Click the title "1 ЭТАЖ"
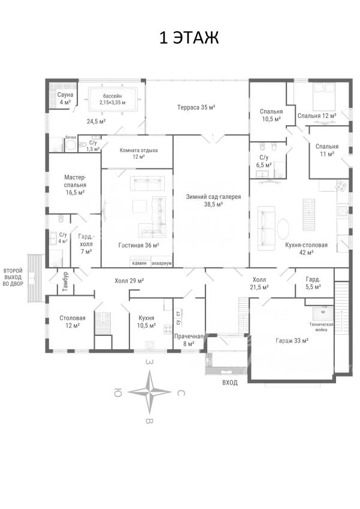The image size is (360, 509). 189,37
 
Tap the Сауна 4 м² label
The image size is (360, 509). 65,98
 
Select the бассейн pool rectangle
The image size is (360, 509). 113,100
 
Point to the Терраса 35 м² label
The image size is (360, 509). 196,107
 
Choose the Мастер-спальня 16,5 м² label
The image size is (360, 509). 75,185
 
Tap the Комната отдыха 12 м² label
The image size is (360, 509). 138,153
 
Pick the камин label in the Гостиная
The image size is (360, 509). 140,263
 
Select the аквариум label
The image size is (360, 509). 162,263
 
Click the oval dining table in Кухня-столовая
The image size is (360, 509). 283,229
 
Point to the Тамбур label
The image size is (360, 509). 65,281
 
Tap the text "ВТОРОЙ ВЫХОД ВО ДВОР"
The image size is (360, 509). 13,277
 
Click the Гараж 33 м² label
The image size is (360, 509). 292,341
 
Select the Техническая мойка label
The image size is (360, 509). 322,327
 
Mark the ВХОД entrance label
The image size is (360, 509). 230,383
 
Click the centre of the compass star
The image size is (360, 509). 149,392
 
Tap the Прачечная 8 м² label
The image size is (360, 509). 189,340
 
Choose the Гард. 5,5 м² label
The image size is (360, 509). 313,283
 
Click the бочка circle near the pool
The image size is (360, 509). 71,146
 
